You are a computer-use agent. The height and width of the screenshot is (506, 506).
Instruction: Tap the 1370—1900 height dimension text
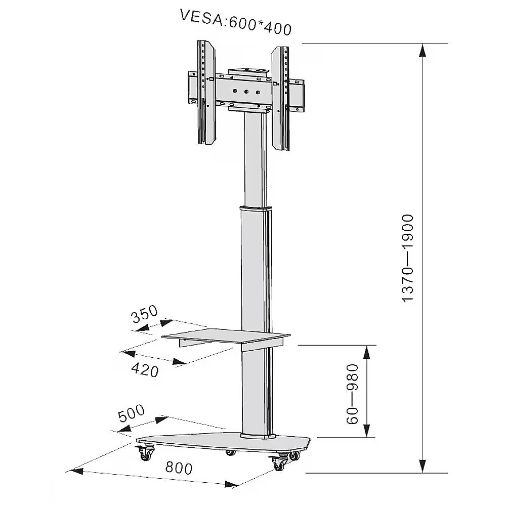(407, 258)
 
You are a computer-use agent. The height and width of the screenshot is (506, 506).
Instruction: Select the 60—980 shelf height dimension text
(352, 394)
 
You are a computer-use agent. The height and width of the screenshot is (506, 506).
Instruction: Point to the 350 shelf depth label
(145, 314)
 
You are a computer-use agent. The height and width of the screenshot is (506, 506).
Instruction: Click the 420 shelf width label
(145, 370)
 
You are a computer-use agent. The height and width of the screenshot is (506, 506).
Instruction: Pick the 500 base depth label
(132, 413)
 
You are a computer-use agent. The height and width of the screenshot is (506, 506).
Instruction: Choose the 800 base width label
(179, 467)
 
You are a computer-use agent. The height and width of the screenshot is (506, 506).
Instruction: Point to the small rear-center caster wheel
(230, 452)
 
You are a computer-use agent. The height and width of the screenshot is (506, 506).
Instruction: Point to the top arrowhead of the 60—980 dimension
(366, 352)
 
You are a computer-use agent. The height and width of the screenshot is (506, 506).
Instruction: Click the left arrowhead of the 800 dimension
(76, 471)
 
